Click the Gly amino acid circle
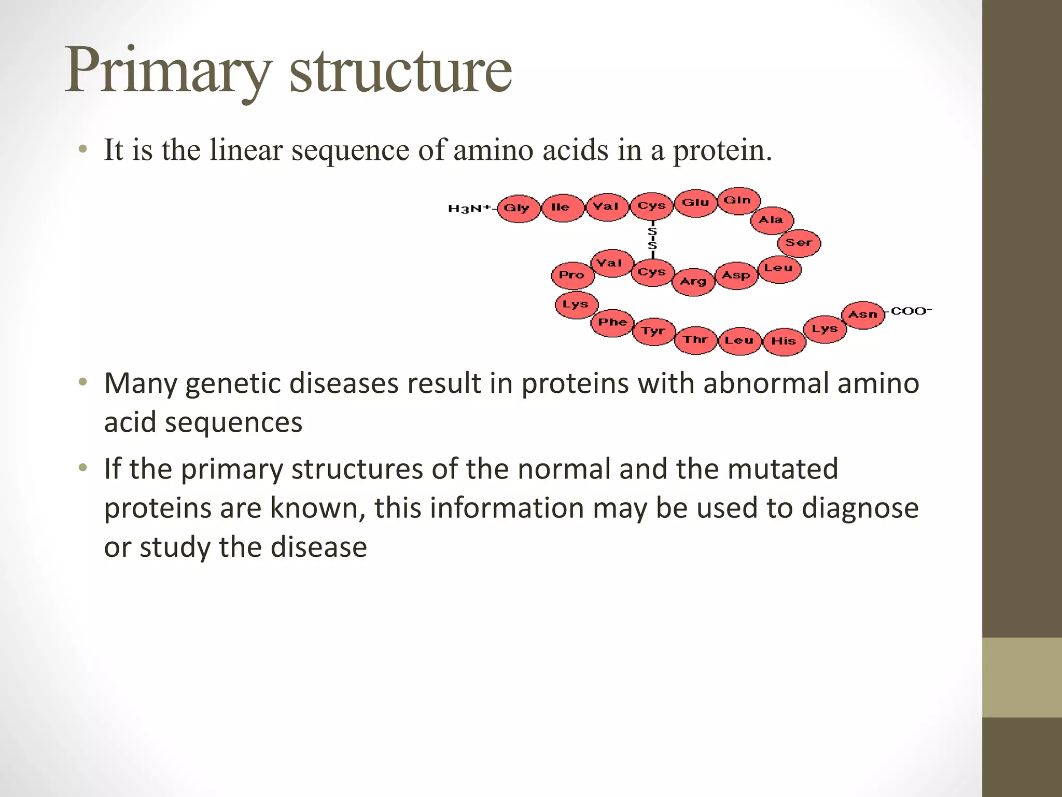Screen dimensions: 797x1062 (518, 209)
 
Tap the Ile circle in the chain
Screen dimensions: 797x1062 (562, 208)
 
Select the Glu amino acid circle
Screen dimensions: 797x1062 (695, 203)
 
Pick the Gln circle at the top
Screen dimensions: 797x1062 (738, 201)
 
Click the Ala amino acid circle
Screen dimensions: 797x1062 (772, 221)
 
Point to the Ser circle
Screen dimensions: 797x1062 (799, 243)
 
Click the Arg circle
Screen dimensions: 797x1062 (693, 282)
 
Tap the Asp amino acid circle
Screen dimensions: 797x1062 (736, 276)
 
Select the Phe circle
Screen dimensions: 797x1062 (612, 323)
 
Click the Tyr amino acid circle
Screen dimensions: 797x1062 (654, 332)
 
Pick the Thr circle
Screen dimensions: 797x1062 (696, 340)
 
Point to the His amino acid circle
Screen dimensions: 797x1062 (784, 341)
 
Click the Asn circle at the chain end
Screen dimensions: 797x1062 (863, 315)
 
